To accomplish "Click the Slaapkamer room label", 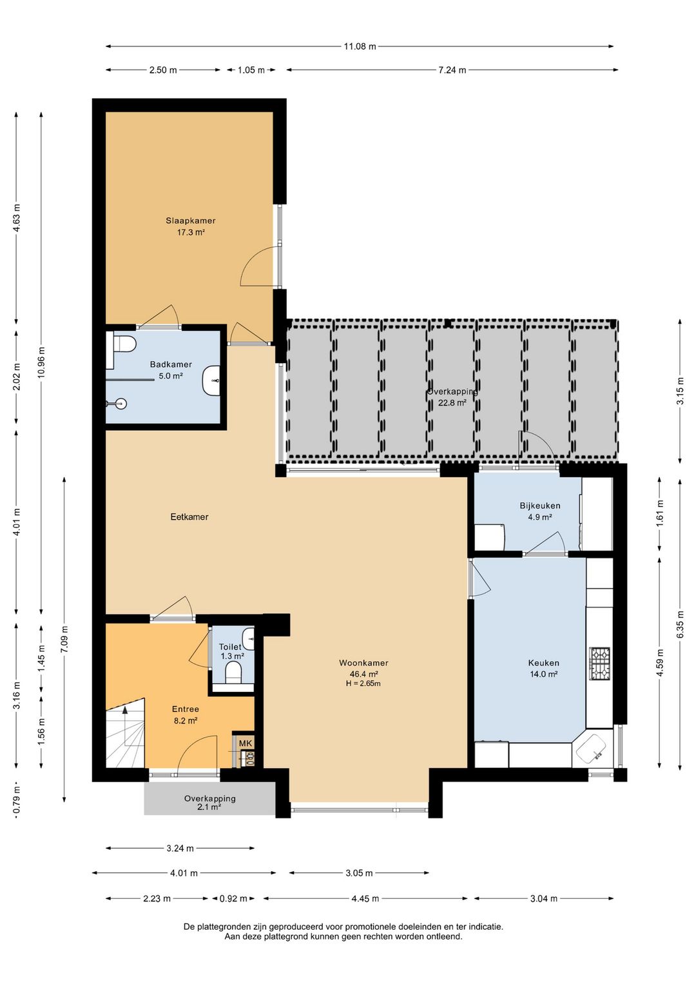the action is pyautogui.click(x=191, y=221).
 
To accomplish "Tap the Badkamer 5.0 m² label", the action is pyautogui.click(x=171, y=370).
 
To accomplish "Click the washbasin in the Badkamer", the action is pyautogui.click(x=211, y=380).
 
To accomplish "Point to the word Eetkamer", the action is pyautogui.click(x=189, y=517).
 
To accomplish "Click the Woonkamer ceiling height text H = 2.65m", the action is pyautogui.click(x=363, y=683).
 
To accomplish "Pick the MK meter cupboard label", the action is pyautogui.click(x=246, y=743).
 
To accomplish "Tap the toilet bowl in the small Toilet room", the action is pyautogui.click(x=233, y=673).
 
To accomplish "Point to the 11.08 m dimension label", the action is pyautogui.click(x=360, y=46).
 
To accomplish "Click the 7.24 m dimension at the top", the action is pyautogui.click(x=452, y=70).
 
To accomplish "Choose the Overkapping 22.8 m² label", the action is pyautogui.click(x=452, y=397).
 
